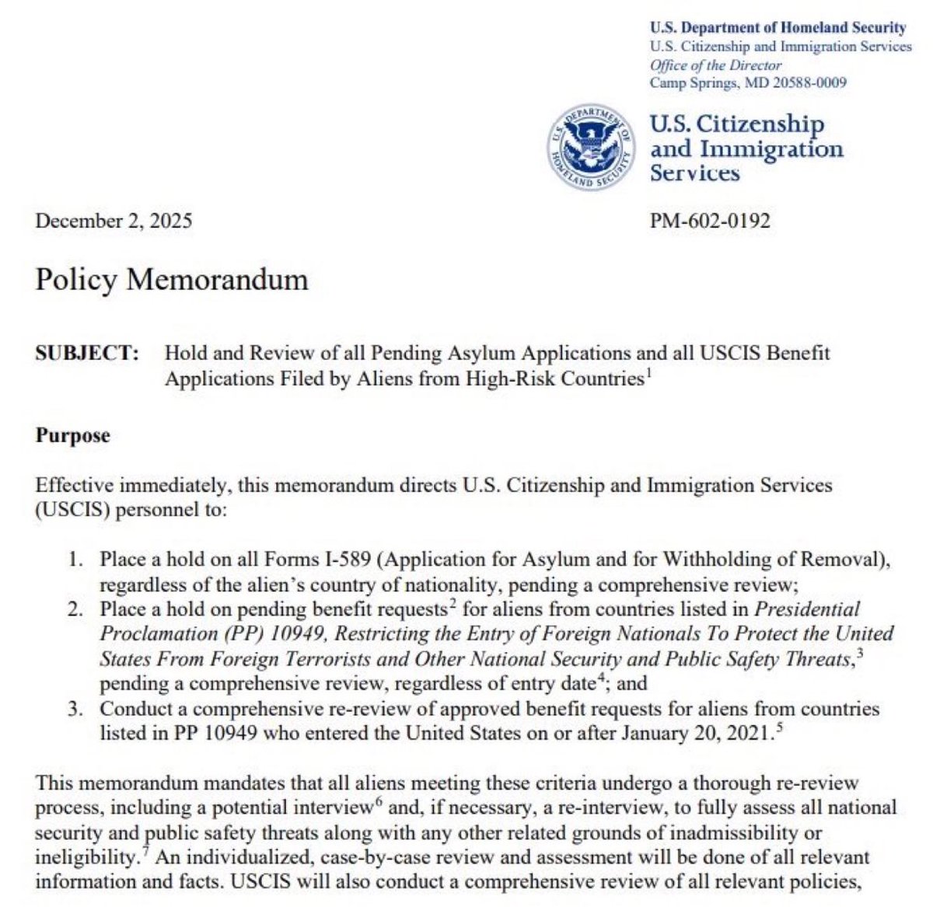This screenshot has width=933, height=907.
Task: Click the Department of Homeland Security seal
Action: [x=589, y=148]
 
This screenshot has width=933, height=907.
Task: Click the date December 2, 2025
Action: [x=114, y=221]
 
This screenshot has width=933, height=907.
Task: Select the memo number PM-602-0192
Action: [x=710, y=221]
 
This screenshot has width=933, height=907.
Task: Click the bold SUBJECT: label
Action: [x=87, y=354]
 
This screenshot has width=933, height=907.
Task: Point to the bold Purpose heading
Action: [x=72, y=435]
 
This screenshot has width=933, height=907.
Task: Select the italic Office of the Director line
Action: [x=715, y=65]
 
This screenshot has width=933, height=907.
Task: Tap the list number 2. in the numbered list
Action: [x=75, y=609]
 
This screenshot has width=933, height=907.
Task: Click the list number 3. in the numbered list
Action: [x=75, y=709]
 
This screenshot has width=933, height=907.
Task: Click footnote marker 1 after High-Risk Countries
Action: [x=648, y=373]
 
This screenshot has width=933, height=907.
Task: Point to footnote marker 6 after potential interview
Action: [x=378, y=803]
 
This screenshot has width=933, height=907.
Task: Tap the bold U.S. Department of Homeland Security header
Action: [x=777, y=28]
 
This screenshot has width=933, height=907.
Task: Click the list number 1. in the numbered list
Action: [x=75, y=559]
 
